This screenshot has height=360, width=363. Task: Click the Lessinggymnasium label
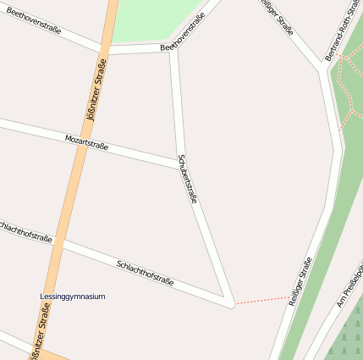(72, 296)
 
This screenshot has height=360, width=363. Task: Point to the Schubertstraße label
(187, 179)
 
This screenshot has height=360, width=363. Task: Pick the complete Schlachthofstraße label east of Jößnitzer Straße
(145, 272)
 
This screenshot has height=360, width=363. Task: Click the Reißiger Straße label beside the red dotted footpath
(300, 280)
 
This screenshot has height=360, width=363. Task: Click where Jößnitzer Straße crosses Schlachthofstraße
(61, 244)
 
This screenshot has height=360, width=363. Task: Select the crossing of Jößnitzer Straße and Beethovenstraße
(103, 50)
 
